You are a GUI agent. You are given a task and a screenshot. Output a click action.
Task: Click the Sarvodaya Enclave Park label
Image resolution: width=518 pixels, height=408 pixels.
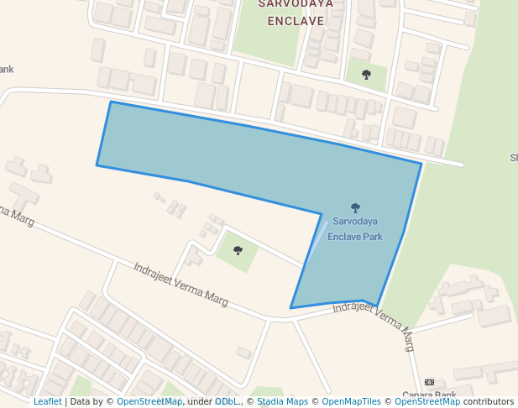355,229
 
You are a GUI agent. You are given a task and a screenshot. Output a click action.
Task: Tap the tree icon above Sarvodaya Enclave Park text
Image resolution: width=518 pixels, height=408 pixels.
355,207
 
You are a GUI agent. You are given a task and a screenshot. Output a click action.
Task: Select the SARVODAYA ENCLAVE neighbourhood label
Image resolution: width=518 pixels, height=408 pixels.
295,12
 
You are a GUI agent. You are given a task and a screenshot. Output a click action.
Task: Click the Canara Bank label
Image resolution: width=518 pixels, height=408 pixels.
429,395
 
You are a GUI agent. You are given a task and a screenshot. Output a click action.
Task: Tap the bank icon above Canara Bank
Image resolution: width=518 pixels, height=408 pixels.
429,382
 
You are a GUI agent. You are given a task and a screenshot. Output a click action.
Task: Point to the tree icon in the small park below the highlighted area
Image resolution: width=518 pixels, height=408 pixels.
238,250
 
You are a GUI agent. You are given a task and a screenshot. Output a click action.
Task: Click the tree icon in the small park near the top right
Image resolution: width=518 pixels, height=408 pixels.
366,75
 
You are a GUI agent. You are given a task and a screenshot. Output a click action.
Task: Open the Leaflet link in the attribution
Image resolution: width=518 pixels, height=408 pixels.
48,401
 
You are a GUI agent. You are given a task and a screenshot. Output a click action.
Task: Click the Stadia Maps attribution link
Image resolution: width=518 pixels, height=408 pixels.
281,401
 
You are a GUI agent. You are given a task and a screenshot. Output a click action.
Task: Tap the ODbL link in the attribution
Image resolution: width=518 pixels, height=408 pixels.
227,401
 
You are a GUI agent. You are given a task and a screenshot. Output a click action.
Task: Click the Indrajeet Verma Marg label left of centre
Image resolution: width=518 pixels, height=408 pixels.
181,283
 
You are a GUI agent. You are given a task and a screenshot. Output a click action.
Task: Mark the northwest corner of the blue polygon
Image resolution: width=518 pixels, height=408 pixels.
111,102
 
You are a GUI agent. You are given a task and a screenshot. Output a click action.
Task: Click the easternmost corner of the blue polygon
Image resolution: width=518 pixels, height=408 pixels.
421,164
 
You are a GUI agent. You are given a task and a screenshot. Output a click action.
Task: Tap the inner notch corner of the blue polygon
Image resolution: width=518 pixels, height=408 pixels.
322,214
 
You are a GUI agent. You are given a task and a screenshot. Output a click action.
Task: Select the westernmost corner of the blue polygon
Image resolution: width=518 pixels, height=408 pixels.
97,165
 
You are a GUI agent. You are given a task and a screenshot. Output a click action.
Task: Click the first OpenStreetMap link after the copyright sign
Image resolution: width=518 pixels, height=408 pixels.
149,401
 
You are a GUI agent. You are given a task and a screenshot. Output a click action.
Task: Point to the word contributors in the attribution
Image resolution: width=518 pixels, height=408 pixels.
488,401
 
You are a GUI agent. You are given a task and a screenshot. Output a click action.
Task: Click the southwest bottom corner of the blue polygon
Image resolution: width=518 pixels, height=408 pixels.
290,308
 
